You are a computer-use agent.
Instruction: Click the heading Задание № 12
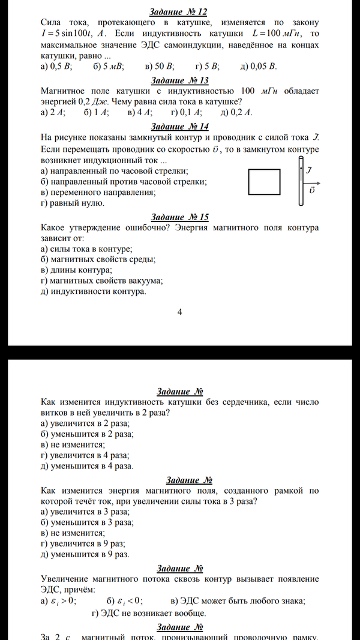(179, 12)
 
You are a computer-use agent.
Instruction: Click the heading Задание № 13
(179, 80)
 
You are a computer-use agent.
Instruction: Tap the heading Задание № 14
(179, 126)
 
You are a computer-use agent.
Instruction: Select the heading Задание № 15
(179, 217)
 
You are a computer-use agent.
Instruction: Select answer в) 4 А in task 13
(140, 112)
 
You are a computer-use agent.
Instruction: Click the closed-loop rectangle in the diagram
(264, 182)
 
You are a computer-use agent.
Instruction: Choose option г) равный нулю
(73, 203)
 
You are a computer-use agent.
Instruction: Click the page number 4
(179, 312)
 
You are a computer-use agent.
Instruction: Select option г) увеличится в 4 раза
(86, 455)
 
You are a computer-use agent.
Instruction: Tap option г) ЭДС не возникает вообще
(149, 613)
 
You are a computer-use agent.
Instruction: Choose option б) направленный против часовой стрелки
(119, 182)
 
